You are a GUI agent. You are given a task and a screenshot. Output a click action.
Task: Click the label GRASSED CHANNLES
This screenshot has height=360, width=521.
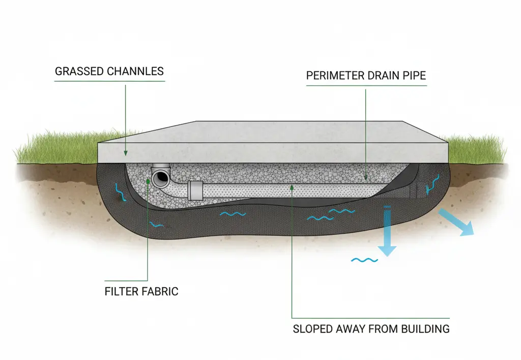click(x=109, y=71)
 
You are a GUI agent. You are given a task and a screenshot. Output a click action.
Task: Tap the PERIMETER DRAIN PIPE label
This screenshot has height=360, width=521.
click(x=366, y=76)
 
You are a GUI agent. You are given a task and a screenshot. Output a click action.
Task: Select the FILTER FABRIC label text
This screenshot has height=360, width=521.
click(x=141, y=292)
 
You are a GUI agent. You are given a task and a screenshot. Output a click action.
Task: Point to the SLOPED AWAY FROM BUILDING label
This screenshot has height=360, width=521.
click(x=371, y=328)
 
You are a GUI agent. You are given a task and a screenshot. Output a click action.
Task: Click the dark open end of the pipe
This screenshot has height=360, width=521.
click(x=161, y=177)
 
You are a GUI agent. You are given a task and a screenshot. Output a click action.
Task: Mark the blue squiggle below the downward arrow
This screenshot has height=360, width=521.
click(x=365, y=260)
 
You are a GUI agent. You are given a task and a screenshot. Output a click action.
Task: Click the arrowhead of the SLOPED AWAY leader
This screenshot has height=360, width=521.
click(x=292, y=187)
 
